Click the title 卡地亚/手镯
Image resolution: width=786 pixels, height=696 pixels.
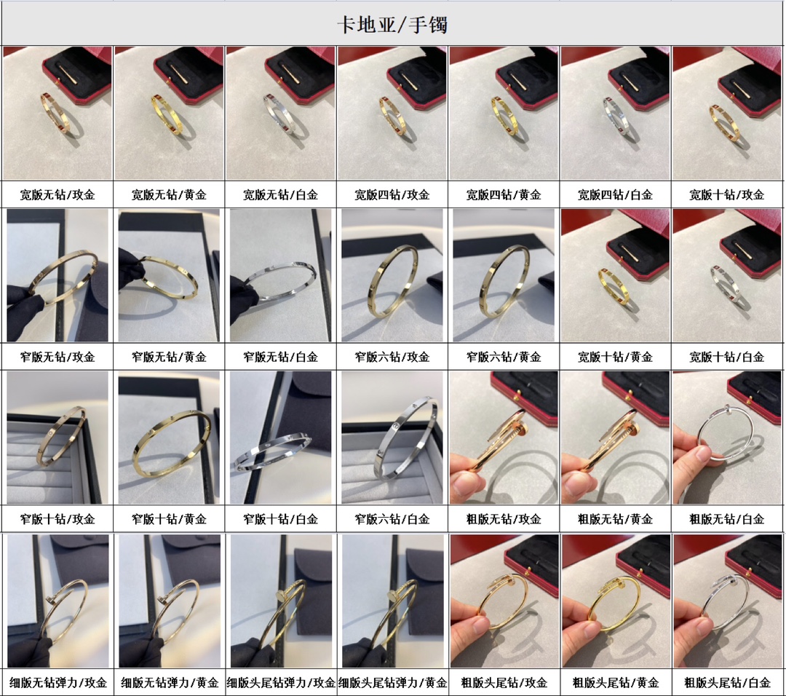point(392,24)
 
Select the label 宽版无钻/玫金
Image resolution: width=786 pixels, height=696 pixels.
point(57,194)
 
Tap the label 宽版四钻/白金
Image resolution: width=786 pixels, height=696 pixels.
point(615,194)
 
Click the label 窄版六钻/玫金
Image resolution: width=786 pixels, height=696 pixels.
point(392,357)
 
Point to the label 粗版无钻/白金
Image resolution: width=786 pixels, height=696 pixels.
point(727,519)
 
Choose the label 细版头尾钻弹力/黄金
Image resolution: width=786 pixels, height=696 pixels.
point(392,682)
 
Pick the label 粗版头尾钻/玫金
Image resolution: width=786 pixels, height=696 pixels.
point(504,682)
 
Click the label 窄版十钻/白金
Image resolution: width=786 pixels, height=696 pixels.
point(281,519)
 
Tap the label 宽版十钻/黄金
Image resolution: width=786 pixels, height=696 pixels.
point(615,357)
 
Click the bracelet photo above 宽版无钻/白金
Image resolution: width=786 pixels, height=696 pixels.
point(281,114)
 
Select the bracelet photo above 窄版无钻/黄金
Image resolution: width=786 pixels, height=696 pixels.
point(169,275)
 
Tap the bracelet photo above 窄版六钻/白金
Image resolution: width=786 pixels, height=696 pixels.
point(392,438)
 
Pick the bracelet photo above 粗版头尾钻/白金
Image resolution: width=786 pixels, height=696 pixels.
point(727,601)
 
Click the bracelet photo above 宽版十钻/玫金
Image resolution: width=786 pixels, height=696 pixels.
point(727,114)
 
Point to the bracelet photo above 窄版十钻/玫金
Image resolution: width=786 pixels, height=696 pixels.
point(57,438)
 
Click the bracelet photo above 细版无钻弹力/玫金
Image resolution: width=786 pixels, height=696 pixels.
point(58,601)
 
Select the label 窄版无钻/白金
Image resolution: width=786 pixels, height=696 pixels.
point(281,357)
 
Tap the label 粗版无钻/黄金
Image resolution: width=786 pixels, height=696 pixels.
point(615,519)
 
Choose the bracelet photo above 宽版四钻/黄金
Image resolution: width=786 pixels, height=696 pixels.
point(504,114)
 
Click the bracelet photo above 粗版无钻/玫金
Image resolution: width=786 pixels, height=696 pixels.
point(504,438)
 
